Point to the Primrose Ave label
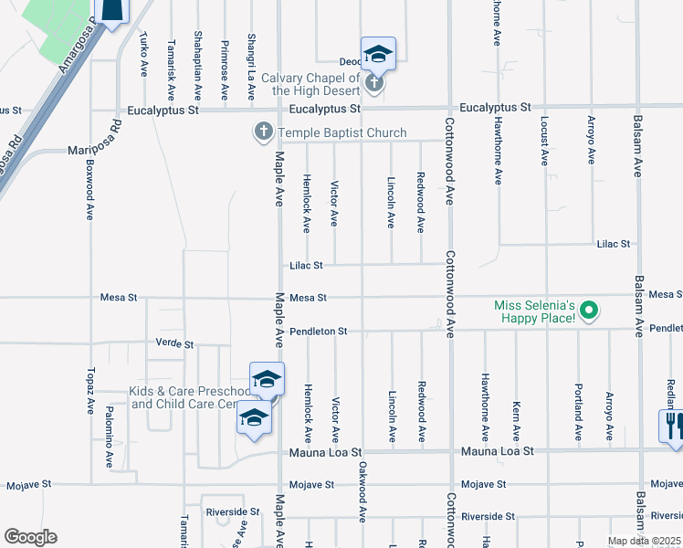click(x=225, y=68)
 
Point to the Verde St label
click(x=175, y=344)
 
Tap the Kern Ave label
click(x=517, y=417)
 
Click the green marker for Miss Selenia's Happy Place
click(x=589, y=311)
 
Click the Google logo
click(x=30, y=537)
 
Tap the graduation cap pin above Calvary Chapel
click(x=377, y=54)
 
